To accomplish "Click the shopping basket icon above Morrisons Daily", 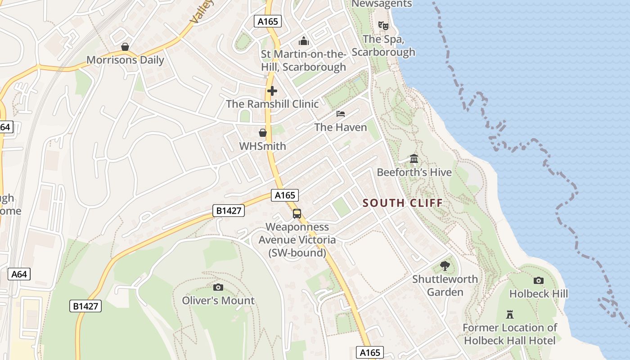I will pos(125,47).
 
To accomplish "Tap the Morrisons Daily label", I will pos(125,60).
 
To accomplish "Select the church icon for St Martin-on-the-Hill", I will pos(304,41).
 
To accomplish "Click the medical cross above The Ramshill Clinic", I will pos(272,91).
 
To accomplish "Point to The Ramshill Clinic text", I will pos(272,104).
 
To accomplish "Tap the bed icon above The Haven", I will pos(341,114).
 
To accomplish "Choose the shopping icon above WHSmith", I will pos(262,133).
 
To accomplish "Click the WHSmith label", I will pos(262,146).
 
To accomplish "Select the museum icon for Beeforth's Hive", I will pos(414,159).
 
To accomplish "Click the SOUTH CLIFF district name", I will pos(403,203).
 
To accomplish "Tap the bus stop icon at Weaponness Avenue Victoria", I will pos(297,214).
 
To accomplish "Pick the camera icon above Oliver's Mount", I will pos(218,287).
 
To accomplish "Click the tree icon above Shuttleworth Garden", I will pos(445,265).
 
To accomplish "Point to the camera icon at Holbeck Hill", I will pos(538,281).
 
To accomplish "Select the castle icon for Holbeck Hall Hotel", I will pos(510,314).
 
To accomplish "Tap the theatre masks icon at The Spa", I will pos(383,26).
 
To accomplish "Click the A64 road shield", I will pos(19,274).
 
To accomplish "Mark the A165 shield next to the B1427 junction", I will pos(285,195).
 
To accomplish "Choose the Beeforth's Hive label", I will pos(414,172).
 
